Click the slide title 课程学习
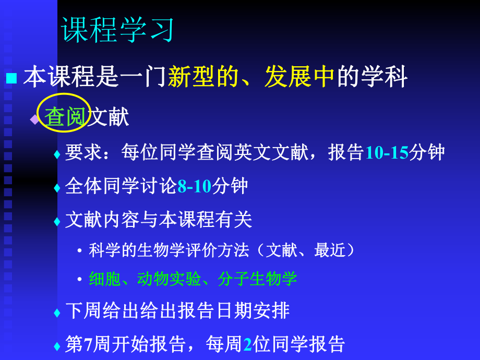[118, 30]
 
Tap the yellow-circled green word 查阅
[65, 117]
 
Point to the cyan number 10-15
[387, 152]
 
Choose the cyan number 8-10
[195, 186]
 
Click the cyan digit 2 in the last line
[248, 344]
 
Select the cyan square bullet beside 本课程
[11, 78]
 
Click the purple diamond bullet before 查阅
[34, 118]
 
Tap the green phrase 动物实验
[169, 279]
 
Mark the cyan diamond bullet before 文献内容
[57, 222]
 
